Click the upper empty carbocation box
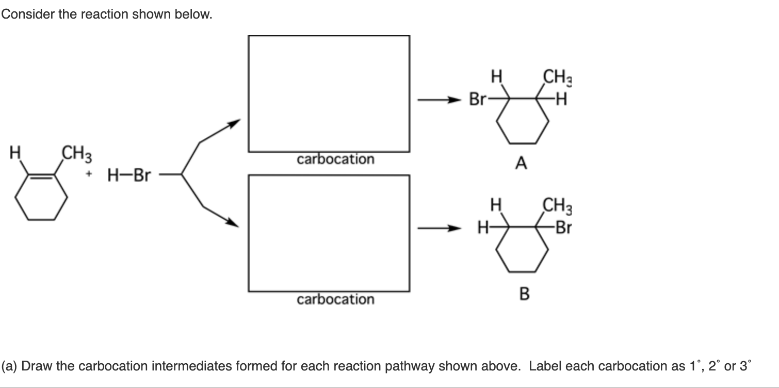(x=329, y=93)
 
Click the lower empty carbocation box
(x=329, y=234)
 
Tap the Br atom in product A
(x=477, y=98)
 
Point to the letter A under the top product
(x=521, y=164)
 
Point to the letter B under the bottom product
(x=524, y=294)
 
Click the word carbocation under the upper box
(x=335, y=159)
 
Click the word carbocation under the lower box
(x=335, y=299)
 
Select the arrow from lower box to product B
(x=438, y=228)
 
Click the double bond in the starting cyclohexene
(x=41, y=177)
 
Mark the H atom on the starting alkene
(x=15, y=153)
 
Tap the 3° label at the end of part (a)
(x=746, y=366)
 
